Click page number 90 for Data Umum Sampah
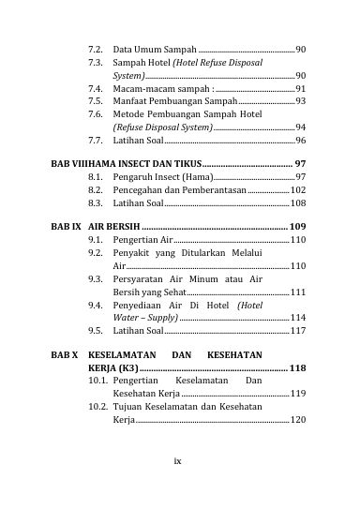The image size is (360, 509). click(300, 47)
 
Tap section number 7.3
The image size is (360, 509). click(96, 61)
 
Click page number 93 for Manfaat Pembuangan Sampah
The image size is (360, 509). click(300, 99)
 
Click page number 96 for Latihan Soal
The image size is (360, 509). click(300, 140)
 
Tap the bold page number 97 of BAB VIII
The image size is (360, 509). click(300, 163)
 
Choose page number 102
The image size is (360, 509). click(297, 189)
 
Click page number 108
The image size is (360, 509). click(297, 202)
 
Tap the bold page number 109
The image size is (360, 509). click(297, 227)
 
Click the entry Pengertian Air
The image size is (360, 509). click(142, 240)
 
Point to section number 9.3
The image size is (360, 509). click(96, 279)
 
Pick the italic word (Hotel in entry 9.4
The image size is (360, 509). click(250, 305)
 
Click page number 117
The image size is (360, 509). click(297, 330)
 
